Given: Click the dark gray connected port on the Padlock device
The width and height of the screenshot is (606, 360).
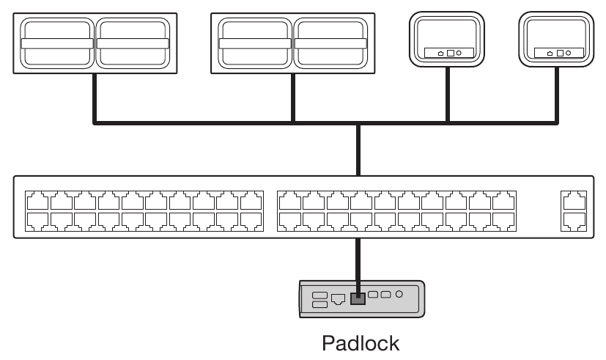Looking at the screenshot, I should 358,298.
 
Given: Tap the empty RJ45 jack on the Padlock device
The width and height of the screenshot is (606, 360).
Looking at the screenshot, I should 339,299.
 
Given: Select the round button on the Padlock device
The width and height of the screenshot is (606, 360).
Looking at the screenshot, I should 399,294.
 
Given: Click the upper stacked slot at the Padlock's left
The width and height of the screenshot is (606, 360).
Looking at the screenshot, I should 320,294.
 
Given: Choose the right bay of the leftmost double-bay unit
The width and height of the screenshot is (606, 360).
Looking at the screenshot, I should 133,43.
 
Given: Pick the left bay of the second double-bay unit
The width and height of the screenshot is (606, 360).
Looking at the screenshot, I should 256,43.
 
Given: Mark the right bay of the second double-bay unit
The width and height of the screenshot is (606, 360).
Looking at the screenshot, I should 330,43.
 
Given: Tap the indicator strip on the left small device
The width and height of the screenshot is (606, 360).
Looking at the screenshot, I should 447,54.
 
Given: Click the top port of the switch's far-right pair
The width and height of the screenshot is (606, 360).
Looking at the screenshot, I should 573,199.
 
